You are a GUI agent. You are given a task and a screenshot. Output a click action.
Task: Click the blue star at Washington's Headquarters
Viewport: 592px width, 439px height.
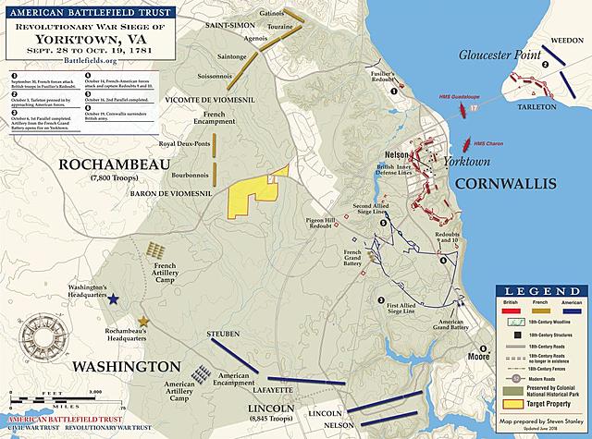pos(114,299)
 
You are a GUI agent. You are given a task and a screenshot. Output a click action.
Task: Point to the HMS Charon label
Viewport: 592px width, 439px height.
pos(488,144)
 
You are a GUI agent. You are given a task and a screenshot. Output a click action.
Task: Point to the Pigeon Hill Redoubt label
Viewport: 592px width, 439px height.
pos(325,225)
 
